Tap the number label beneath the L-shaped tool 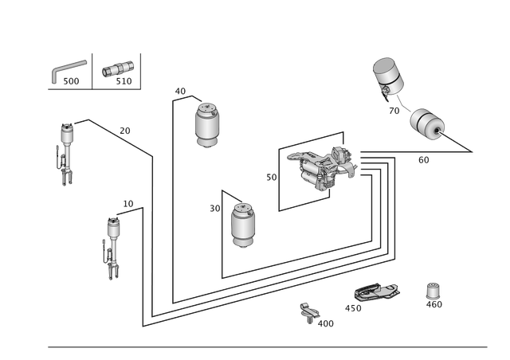(x=73, y=82)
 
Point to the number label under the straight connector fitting (x=124, y=81)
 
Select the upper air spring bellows (x=206, y=124)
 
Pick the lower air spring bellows (x=241, y=225)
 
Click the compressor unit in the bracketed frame (x=323, y=167)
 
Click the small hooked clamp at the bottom (x=309, y=312)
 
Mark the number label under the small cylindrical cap (x=435, y=305)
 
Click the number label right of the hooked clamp (x=327, y=323)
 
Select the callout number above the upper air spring (x=179, y=91)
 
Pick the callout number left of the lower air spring (x=214, y=208)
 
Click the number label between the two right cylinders (x=394, y=110)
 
